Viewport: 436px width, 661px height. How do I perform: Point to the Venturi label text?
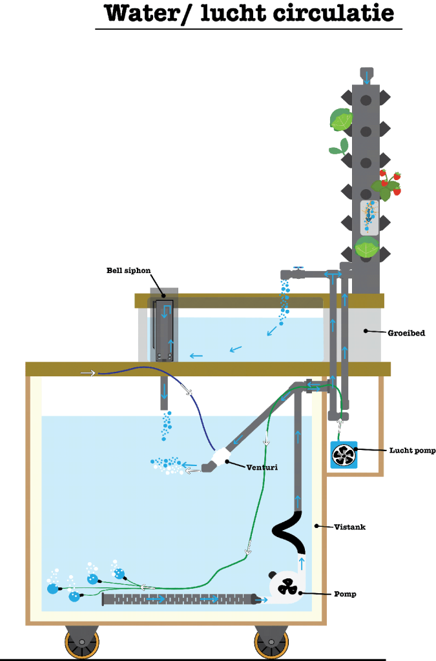[x=262, y=466]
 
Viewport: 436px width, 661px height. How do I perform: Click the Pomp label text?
[x=346, y=593]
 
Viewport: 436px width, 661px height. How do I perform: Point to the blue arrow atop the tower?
[x=367, y=77]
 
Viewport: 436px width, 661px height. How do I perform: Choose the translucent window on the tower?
[x=369, y=217]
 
